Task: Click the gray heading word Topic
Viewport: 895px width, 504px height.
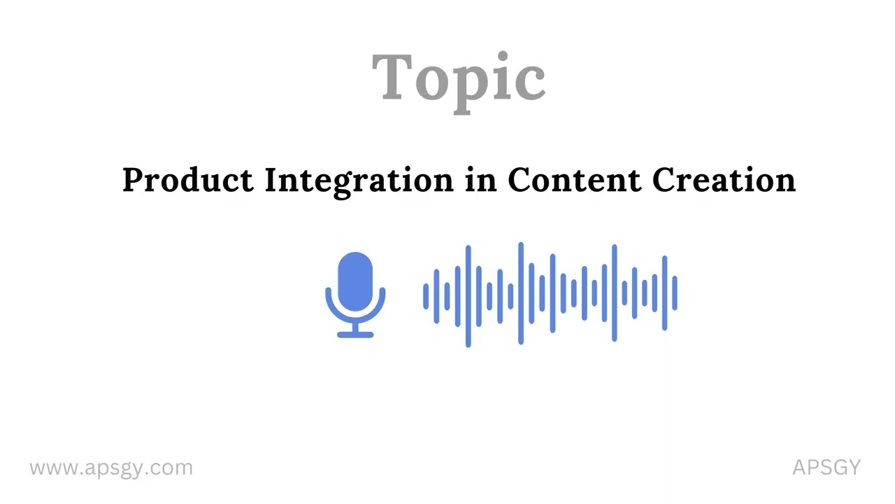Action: tap(458, 78)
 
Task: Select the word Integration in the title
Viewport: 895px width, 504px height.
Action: tap(359, 181)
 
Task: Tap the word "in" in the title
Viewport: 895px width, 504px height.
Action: tap(480, 181)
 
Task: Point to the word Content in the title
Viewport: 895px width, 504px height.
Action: tap(573, 181)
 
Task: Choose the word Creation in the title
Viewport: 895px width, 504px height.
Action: tap(724, 181)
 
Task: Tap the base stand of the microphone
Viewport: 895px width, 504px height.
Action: tap(355, 334)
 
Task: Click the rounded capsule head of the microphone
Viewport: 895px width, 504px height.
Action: tap(355, 280)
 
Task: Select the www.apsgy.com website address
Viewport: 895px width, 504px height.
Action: tap(111, 468)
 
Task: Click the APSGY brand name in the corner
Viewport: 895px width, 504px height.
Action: tap(826, 468)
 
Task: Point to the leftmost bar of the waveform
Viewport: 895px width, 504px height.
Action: tap(425, 296)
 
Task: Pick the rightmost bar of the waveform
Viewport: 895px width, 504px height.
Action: tap(675, 293)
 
